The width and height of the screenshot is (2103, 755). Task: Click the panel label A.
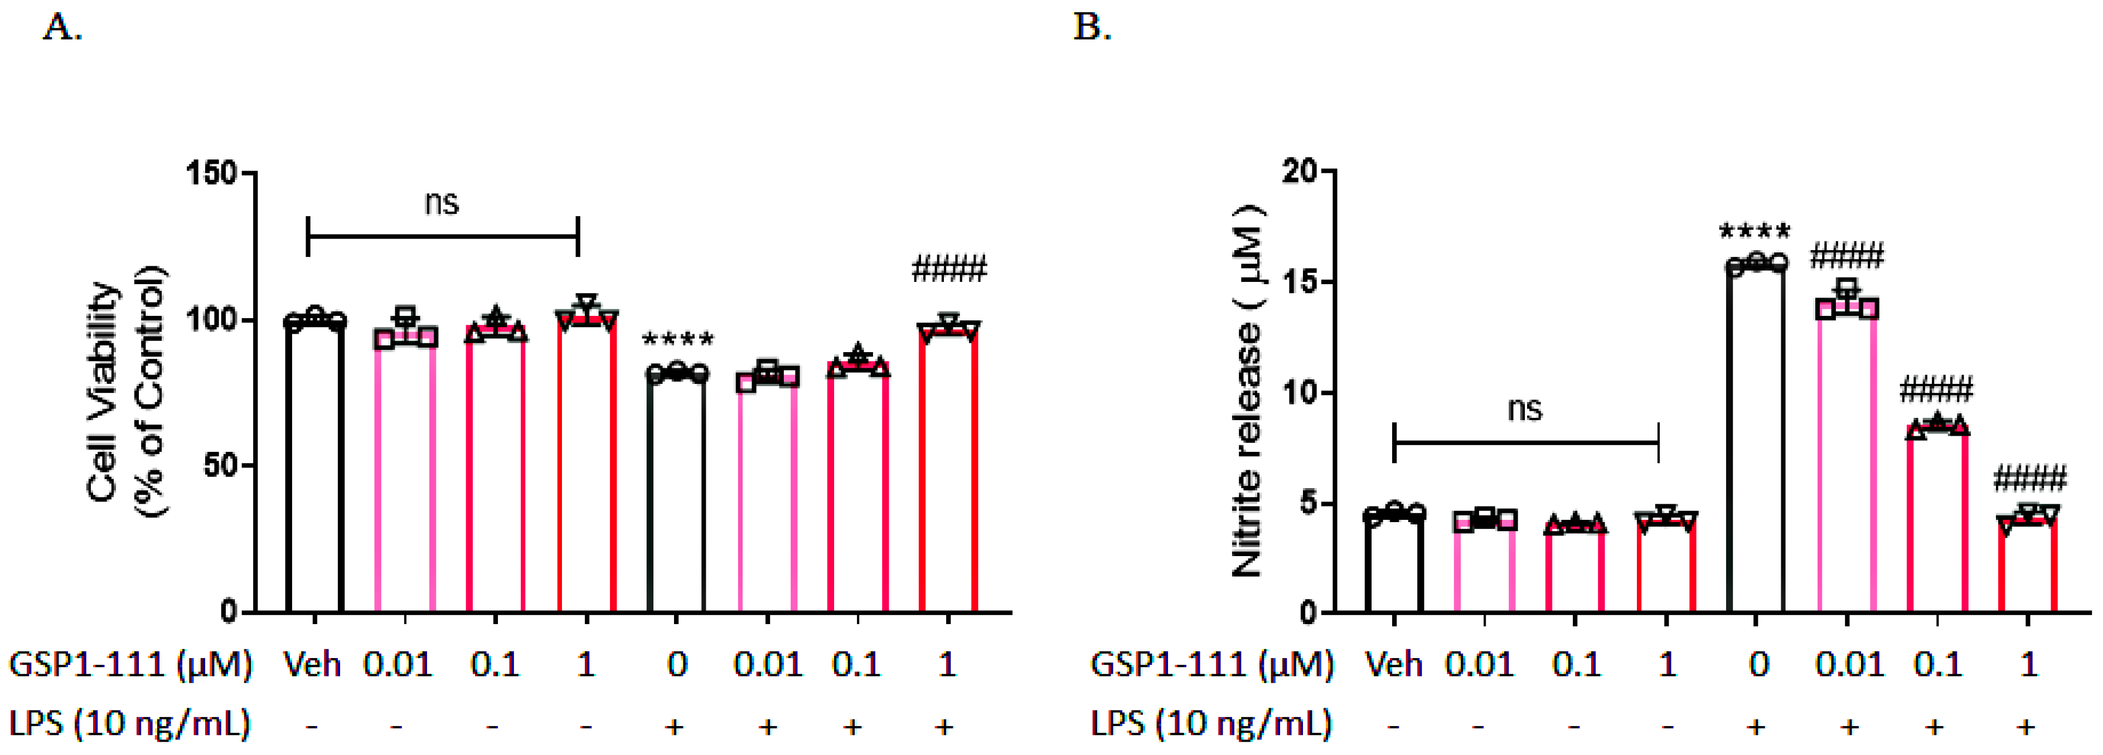point(61,28)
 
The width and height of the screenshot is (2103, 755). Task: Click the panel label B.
point(1092,28)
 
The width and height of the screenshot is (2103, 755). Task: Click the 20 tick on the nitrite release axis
point(1303,172)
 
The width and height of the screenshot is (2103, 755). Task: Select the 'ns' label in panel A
point(442,202)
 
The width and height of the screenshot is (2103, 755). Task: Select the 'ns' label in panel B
point(1524,408)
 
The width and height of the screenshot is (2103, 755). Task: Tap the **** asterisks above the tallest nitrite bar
point(1755,232)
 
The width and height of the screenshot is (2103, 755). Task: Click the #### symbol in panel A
point(949,269)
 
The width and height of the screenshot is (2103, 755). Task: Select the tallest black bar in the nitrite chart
point(1755,441)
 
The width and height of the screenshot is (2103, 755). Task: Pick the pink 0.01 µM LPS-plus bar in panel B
point(1847,465)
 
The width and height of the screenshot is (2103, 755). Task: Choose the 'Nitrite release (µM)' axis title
point(1247,392)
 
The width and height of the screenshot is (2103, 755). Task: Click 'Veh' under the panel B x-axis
point(1394,664)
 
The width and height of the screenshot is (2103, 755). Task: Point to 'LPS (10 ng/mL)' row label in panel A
point(129,724)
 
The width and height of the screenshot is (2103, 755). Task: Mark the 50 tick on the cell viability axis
point(219,465)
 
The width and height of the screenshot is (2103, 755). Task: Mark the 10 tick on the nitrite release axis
point(1303,393)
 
